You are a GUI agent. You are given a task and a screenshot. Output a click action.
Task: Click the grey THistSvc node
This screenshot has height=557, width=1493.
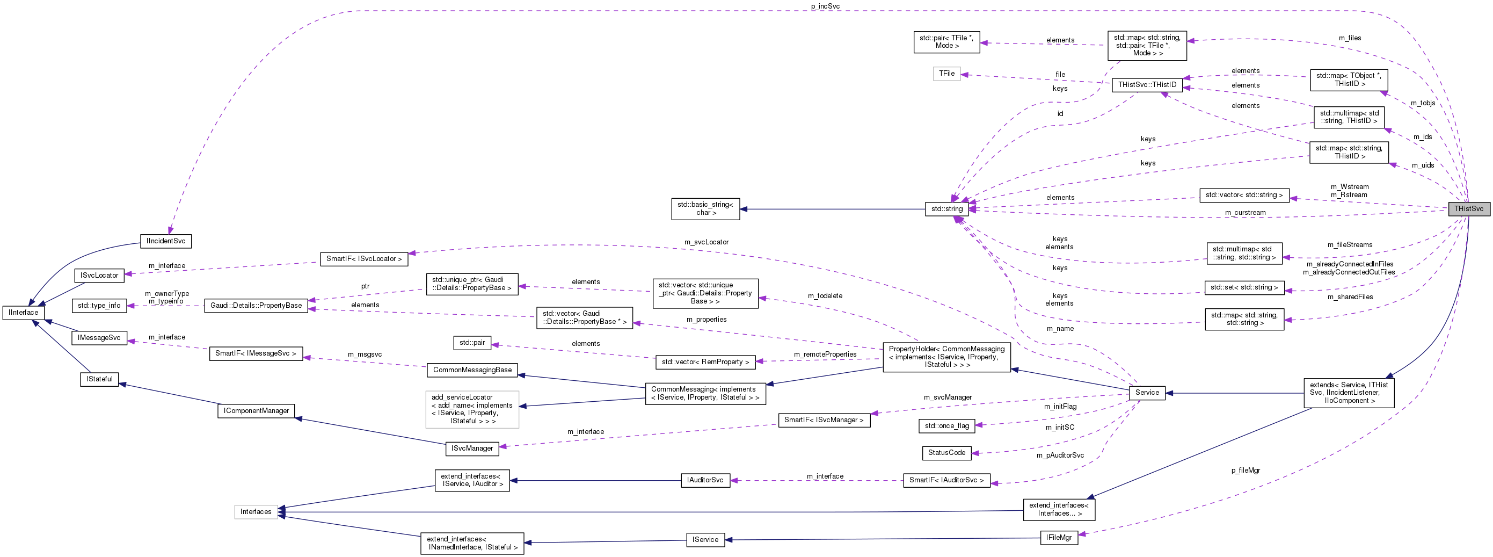pos(1468,208)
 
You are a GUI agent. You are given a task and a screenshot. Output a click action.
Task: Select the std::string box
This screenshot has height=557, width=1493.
pos(946,208)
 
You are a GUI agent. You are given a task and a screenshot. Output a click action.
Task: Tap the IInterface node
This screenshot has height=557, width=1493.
pos(23,313)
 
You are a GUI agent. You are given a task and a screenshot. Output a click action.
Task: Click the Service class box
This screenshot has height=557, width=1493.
pos(1146,393)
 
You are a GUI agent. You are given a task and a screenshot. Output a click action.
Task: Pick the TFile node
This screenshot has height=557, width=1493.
pos(946,74)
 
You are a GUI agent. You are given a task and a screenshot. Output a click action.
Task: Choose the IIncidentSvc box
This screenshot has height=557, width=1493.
pos(166,241)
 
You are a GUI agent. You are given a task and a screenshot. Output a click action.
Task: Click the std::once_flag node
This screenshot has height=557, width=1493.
pos(946,425)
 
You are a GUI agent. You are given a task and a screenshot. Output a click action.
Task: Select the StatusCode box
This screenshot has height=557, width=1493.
pos(946,453)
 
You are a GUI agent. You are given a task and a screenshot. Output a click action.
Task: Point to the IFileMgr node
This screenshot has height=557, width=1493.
pos(1058,537)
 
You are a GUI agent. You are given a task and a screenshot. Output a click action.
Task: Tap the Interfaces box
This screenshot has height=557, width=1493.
pos(256,512)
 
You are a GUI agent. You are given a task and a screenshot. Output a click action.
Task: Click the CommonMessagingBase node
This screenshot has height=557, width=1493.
pos(472,370)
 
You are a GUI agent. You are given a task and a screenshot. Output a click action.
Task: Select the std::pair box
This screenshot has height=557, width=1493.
pos(472,343)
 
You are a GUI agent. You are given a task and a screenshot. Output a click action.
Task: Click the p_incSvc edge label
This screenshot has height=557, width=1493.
pos(825,6)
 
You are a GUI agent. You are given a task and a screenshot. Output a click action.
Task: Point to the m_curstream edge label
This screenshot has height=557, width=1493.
pos(1245,213)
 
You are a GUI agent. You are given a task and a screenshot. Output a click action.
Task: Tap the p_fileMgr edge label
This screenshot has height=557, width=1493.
pos(1246,470)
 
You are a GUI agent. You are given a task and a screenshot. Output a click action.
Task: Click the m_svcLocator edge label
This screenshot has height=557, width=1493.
pos(706,242)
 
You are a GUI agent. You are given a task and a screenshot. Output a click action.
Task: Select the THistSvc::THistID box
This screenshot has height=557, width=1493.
pos(1147,85)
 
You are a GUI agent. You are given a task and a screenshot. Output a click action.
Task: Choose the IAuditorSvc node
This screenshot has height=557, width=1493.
pos(705,480)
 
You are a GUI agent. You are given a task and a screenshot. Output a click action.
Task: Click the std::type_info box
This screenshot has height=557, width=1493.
pos(99,306)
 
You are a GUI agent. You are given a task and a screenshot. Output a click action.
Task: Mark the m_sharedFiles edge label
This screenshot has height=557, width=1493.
pos(1350,296)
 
